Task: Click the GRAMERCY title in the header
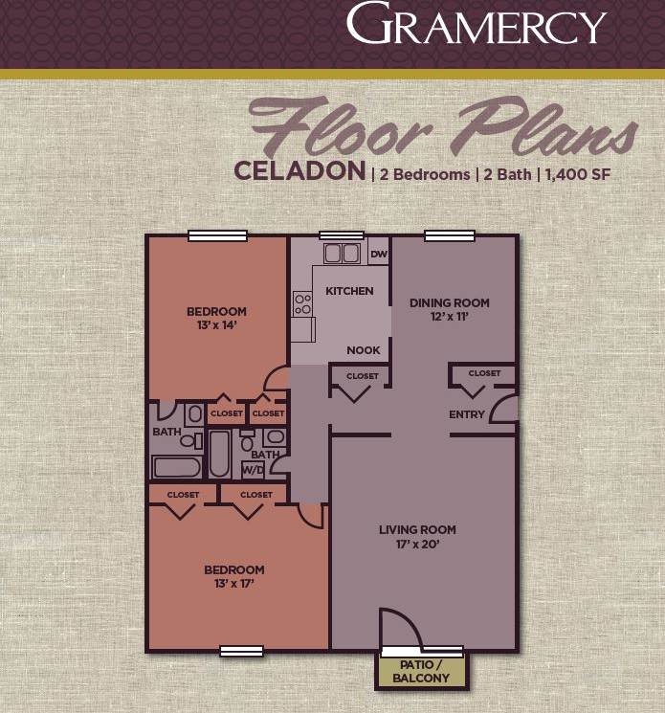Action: click(x=476, y=26)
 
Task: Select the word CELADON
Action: click(x=299, y=172)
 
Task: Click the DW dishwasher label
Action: click(x=378, y=254)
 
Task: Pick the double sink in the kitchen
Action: click(x=342, y=254)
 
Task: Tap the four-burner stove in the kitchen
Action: click(x=303, y=304)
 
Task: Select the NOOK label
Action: click(x=364, y=350)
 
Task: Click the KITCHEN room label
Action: click(x=349, y=291)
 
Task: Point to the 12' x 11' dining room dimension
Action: click(x=449, y=317)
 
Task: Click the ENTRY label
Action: click(x=467, y=414)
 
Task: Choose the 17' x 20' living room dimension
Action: click(x=417, y=545)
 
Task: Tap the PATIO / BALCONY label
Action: click(x=421, y=672)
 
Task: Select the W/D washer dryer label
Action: click(x=254, y=470)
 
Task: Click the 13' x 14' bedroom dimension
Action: click(x=216, y=324)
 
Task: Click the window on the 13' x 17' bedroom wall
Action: click(x=241, y=651)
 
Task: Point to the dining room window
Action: click(x=444, y=235)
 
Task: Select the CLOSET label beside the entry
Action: click(x=484, y=373)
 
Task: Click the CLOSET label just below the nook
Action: click(x=363, y=376)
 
